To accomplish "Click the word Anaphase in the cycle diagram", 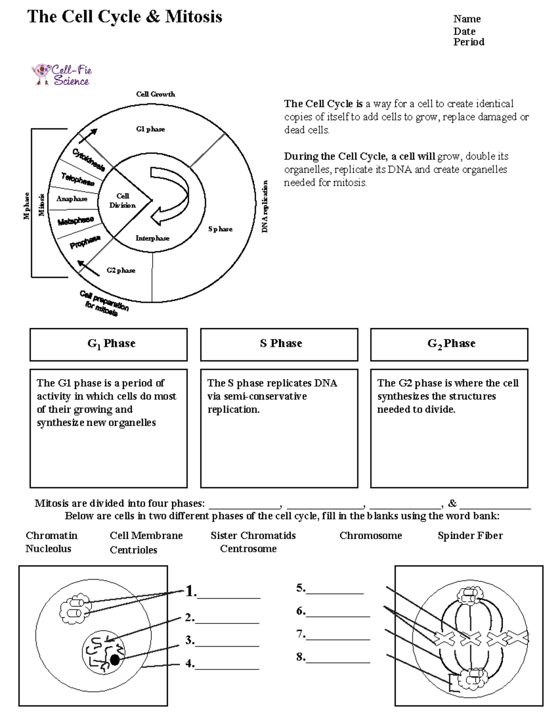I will pos(72,199).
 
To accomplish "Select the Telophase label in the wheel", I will pos(78,179).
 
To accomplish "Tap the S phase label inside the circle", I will pos(220,229).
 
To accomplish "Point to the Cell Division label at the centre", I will pos(123,201).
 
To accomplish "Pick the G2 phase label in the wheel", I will pos(121,270).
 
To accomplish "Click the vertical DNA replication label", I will pos(265,206).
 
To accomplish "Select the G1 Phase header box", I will pos(109,345).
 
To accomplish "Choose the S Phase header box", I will pos(279,345).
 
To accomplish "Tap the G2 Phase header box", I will pos(449,345).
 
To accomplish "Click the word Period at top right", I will pos(469,42).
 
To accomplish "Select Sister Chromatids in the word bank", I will pos(253,535).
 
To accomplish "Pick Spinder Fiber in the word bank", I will pos(470,535).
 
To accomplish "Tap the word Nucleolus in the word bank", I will pos(48,548).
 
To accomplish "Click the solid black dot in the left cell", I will pos(114,659).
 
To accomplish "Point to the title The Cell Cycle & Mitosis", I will pos(125,17).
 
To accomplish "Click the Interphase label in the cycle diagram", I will pos(153,238).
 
